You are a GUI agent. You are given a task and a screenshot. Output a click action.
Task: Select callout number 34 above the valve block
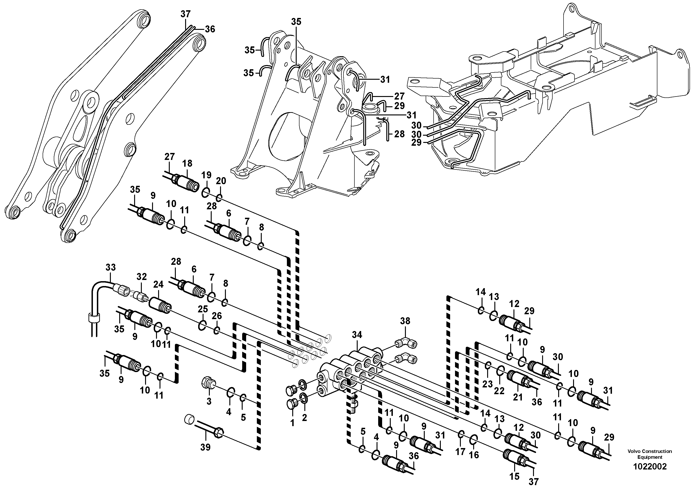pyautogui.click(x=357, y=335)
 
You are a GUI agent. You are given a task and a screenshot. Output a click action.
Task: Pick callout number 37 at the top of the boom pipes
pyautogui.click(x=186, y=14)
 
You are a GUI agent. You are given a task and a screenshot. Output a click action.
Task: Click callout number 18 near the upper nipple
pyautogui.click(x=187, y=163)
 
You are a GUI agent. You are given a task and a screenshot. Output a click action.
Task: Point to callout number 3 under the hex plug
pyautogui.click(x=209, y=401)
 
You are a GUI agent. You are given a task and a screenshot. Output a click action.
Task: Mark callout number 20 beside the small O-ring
pyautogui.click(x=221, y=181)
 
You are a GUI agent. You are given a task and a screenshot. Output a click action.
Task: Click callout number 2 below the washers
pyautogui.click(x=304, y=418)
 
